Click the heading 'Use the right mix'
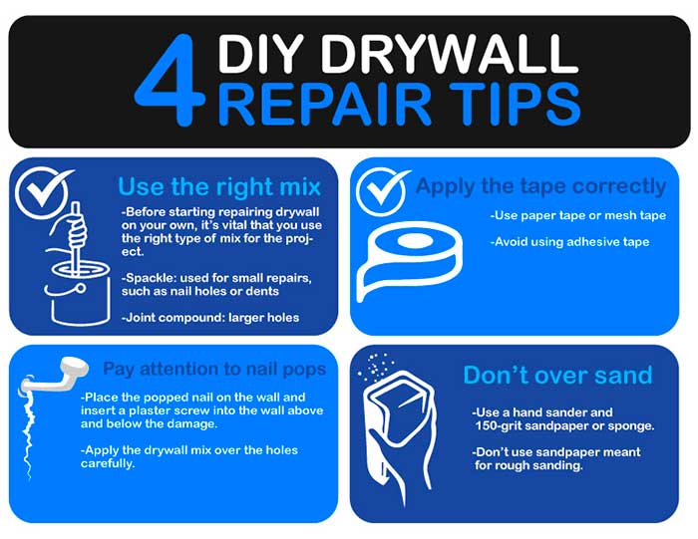tap(219, 186)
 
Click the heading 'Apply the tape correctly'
tap(540, 186)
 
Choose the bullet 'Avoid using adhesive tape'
tap(569, 242)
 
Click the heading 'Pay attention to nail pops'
tap(214, 369)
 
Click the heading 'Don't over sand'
tap(557, 376)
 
